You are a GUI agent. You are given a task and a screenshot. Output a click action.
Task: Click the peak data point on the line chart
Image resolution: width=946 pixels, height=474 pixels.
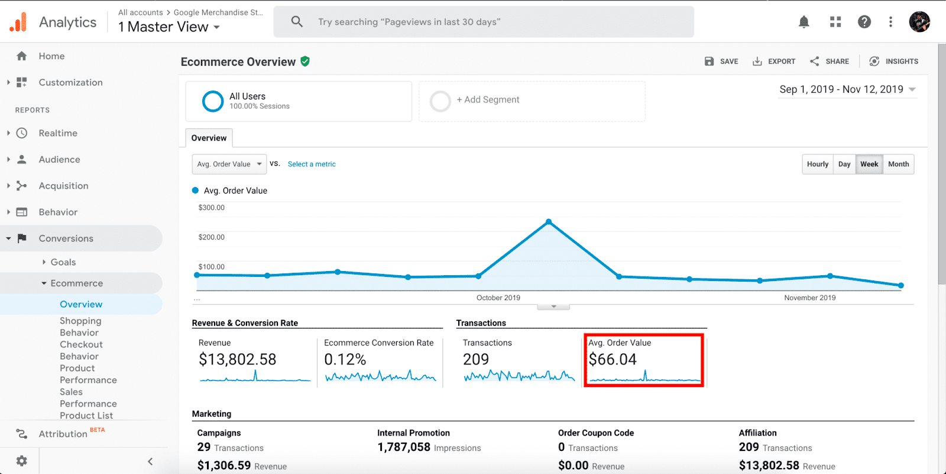point(549,222)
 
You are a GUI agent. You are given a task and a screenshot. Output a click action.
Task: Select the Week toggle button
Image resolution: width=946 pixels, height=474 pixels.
point(869,165)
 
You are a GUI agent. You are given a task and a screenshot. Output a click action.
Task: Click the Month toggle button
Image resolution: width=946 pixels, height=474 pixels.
point(898,165)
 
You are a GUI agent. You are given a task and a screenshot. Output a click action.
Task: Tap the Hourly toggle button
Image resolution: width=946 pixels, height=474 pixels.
point(817,165)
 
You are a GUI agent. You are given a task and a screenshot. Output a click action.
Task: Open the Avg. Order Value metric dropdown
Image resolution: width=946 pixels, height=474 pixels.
point(229,165)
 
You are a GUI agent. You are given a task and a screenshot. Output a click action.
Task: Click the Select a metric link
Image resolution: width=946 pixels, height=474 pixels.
point(312,165)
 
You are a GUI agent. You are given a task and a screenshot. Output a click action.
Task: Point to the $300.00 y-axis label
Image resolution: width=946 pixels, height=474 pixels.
point(212,208)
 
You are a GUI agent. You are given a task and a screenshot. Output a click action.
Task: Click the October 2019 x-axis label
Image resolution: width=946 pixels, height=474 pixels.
point(498,298)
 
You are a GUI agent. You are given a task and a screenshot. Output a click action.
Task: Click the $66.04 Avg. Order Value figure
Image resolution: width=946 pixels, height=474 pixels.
point(613,359)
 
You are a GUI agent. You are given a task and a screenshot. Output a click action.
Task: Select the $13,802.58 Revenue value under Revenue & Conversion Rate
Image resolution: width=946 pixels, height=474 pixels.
point(238,359)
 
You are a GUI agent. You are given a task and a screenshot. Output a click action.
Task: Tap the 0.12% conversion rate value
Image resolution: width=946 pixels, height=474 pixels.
point(345,359)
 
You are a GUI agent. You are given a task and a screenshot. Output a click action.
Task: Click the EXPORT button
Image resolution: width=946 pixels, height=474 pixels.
point(774,62)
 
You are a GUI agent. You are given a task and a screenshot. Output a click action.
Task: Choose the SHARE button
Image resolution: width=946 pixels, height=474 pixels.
point(830,62)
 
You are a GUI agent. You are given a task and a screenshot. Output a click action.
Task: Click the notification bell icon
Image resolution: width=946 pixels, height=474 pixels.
point(804,22)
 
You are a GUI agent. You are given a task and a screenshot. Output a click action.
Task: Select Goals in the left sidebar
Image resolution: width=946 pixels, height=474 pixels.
point(63,262)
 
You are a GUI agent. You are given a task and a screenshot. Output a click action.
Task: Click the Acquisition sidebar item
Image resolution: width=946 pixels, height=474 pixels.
point(63,186)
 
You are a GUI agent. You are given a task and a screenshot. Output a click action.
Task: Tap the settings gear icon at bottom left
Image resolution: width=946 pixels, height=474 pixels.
point(22,460)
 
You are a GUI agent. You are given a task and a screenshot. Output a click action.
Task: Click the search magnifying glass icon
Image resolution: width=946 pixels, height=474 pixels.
point(297,22)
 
